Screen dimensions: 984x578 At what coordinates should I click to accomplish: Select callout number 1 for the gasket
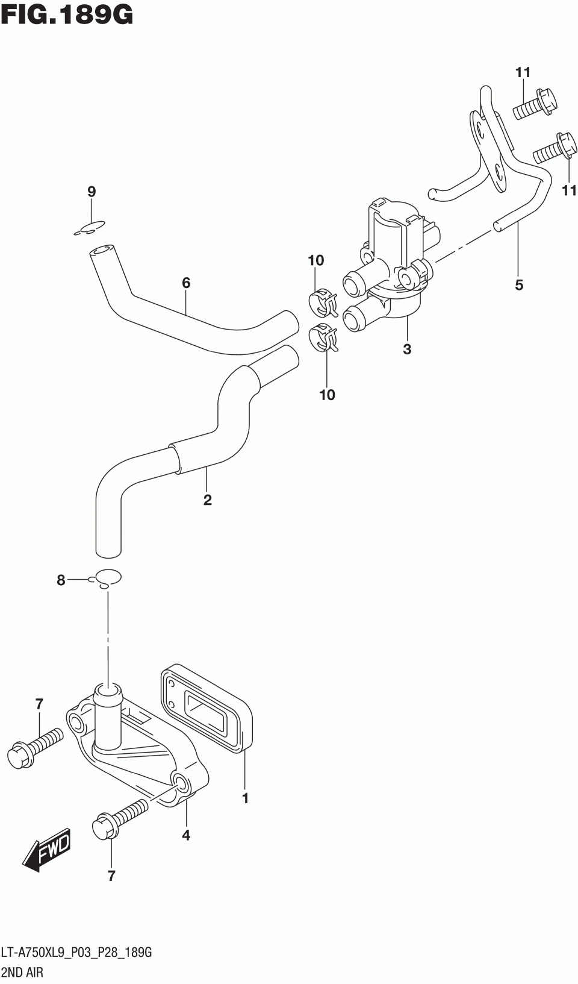click(245, 799)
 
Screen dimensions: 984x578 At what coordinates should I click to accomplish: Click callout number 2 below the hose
click(208, 500)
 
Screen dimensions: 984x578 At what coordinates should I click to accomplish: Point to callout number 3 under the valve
click(407, 349)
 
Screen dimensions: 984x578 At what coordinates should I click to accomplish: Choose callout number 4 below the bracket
click(186, 835)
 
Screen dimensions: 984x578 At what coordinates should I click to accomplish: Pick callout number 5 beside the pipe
click(519, 284)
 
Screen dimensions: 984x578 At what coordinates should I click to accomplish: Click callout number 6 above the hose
click(186, 282)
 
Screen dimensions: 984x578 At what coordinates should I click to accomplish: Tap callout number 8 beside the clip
click(61, 580)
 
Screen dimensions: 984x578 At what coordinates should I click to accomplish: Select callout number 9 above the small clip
click(92, 192)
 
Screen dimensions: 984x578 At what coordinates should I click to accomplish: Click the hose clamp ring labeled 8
click(108, 577)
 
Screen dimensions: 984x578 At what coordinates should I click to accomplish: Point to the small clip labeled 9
click(90, 228)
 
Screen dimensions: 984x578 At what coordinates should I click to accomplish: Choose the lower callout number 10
click(327, 395)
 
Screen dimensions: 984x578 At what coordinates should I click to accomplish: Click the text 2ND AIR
click(22, 972)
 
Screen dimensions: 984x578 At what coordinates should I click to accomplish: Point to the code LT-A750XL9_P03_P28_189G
click(76, 953)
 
